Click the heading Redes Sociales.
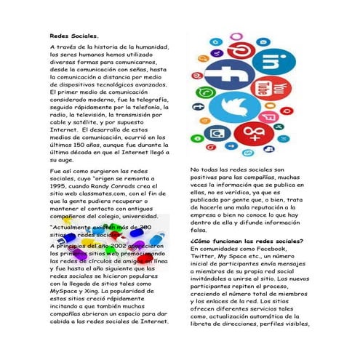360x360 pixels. (73, 36)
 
